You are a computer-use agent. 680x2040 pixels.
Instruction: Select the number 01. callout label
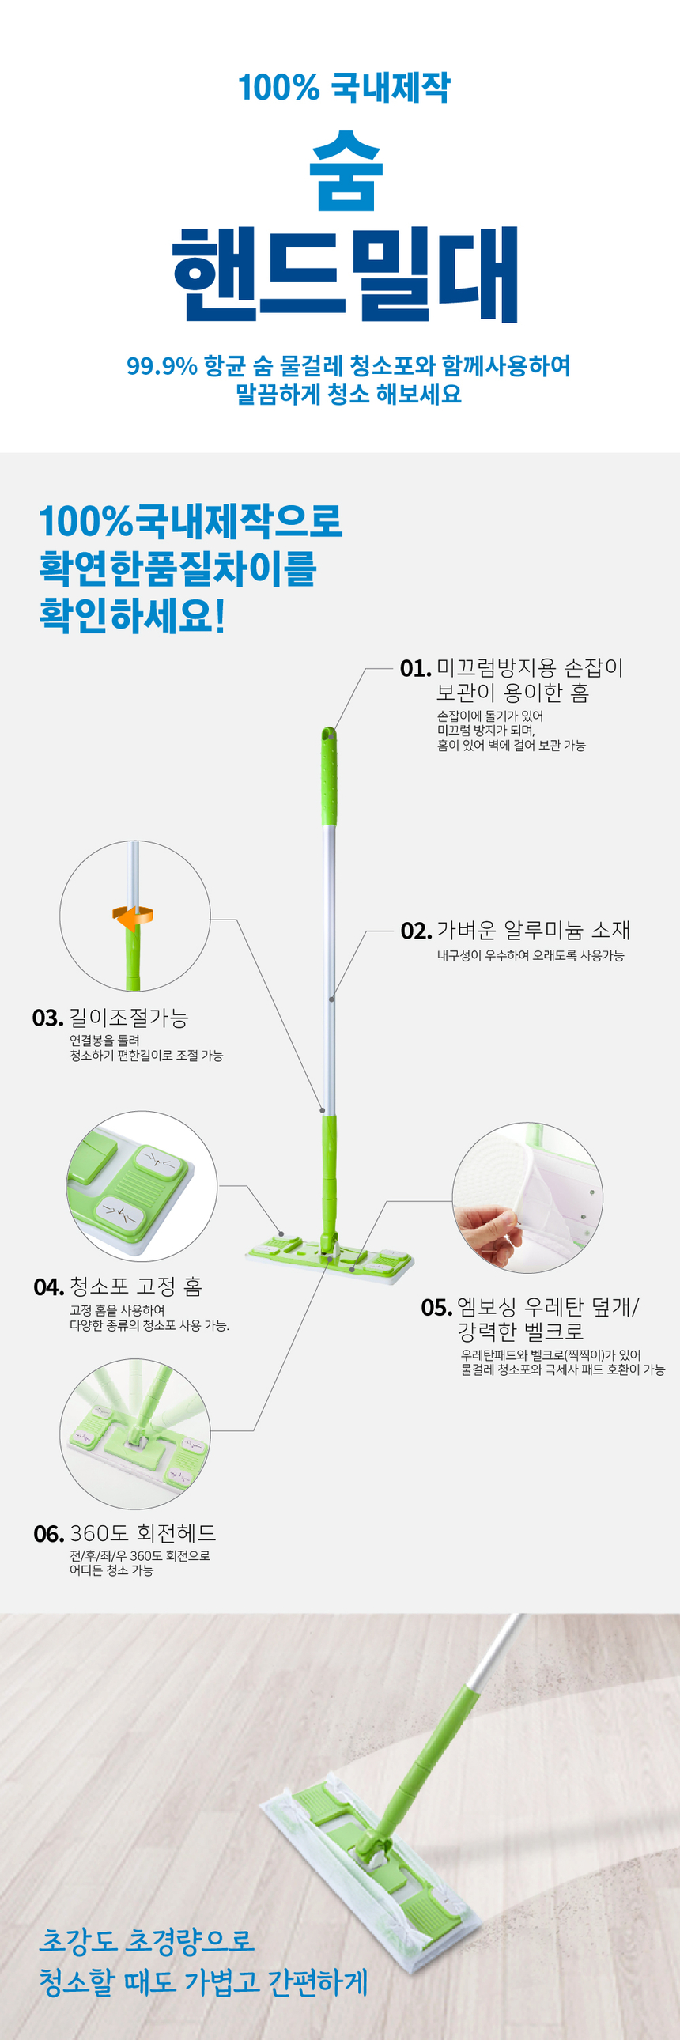pyautogui.click(x=416, y=668)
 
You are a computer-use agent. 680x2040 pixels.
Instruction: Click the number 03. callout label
pyautogui.click(x=47, y=1018)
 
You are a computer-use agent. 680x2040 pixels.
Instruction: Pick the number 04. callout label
pyautogui.click(x=49, y=1288)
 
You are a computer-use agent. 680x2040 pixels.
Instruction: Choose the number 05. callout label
pyautogui.click(x=437, y=1308)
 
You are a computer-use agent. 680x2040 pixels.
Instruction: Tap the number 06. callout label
pyautogui.click(x=49, y=1535)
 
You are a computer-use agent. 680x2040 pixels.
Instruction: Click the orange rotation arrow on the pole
pyautogui.click(x=133, y=918)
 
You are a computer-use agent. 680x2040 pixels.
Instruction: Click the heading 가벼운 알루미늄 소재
pyautogui.click(x=534, y=930)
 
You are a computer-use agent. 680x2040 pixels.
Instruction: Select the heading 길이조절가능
pyautogui.click(x=129, y=1018)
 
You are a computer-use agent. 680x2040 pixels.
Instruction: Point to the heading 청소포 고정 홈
pyautogui.click(x=136, y=1287)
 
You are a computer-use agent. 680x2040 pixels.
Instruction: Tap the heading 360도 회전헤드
pyautogui.click(x=142, y=1534)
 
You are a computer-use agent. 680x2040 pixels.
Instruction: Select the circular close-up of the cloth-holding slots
pyautogui.click(x=142, y=1185)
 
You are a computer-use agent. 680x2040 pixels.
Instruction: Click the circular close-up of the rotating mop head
pyautogui.click(x=135, y=1434)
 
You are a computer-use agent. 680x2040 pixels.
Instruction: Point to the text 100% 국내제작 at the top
pyautogui.click(x=345, y=87)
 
